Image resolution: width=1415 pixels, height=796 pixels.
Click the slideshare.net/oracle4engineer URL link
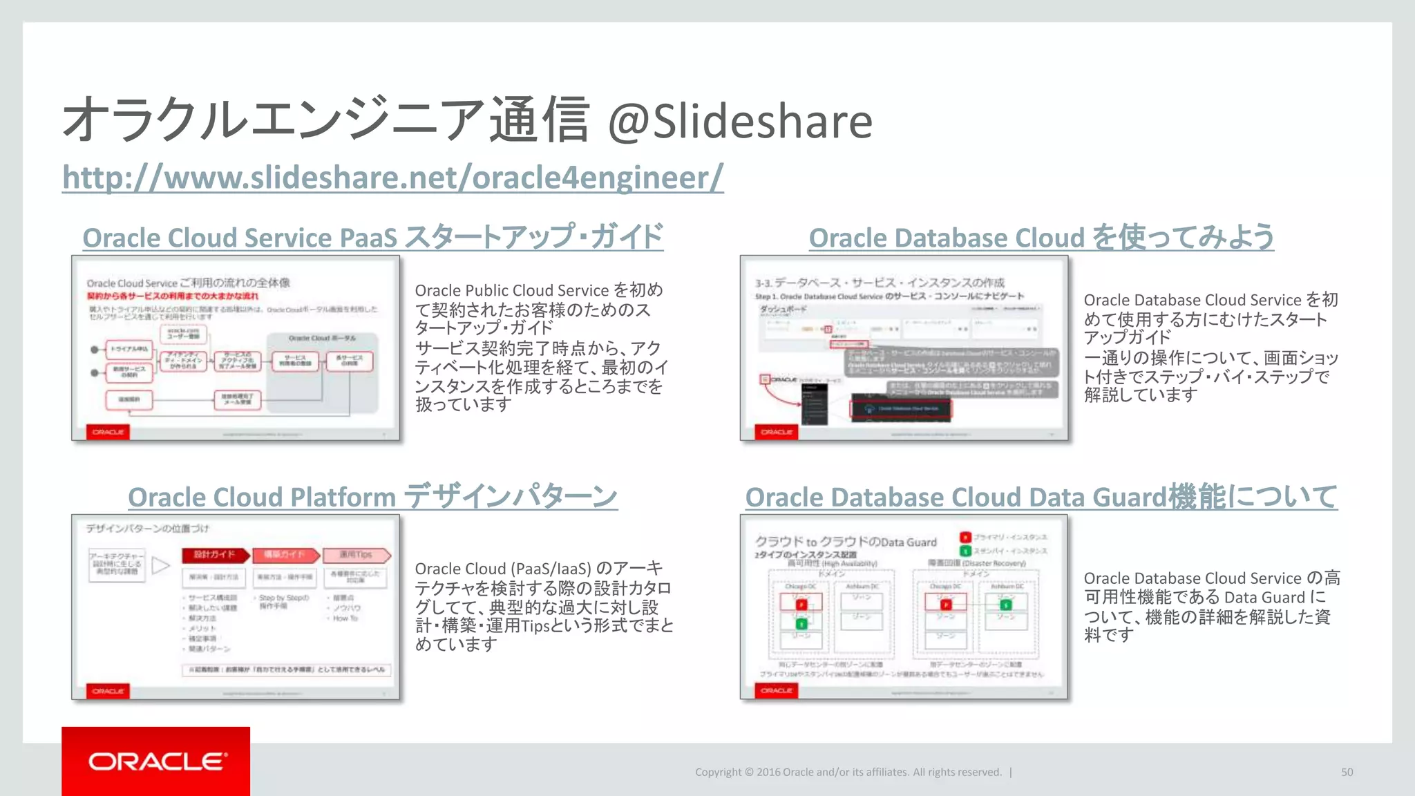tap(392, 178)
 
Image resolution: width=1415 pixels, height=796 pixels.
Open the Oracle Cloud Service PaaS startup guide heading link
tap(372, 237)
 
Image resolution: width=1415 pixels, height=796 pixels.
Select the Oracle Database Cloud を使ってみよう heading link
tap(1041, 237)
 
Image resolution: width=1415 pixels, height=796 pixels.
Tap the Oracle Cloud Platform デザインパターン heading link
tap(372, 497)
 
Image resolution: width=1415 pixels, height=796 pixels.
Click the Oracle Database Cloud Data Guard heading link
tap(1041, 497)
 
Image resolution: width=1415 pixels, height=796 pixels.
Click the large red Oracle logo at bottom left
tap(156, 761)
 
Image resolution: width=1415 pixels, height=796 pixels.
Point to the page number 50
tap(1347, 773)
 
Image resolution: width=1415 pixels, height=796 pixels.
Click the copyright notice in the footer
tap(848, 773)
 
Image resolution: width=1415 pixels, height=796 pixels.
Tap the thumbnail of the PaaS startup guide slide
tap(236, 348)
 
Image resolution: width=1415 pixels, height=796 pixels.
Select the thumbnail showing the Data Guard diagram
tap(904, 607)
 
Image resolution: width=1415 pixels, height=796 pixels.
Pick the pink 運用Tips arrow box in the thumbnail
tap(356, 555)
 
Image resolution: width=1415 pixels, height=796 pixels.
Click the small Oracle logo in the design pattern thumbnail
tap(108, 691)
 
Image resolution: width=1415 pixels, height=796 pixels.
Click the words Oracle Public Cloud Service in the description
tap(511, 290)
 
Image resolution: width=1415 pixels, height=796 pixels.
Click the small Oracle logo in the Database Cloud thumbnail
tap(777, 432)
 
